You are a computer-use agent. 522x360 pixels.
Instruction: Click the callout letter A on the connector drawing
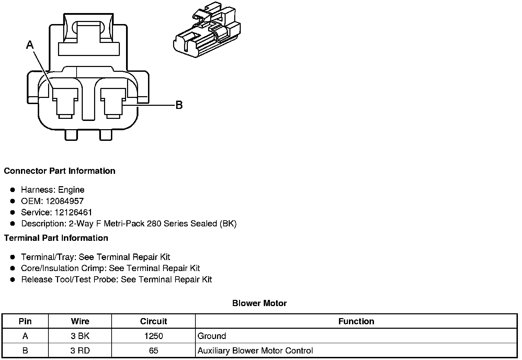[x=30, y=45]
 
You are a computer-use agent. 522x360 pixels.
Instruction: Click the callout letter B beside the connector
[x=179, y=105]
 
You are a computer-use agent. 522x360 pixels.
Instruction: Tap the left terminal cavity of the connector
[x=65, y=103]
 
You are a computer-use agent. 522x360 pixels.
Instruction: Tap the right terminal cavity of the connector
[x=113, y=103]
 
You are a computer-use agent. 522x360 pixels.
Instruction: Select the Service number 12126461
[x=73, y=212]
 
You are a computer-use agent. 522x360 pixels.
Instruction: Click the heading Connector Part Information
[x=59, y=171]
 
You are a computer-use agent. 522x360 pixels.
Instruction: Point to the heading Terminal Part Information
[x=56, y=238]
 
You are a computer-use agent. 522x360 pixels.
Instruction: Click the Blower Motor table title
[x=259, y=303]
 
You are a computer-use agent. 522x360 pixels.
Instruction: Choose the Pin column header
[x=25, y=322]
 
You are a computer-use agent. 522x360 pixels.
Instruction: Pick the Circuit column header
[x=154, y=322]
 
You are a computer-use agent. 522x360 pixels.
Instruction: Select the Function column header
[x=356, y=322]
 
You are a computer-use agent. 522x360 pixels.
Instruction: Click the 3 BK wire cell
[x=80, y=336]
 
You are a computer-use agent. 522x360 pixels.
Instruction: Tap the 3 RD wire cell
[x=80, y=351]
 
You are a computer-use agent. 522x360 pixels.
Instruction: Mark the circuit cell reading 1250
[x=154, y=336]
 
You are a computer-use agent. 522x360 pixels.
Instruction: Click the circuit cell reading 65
[x=154, y=351]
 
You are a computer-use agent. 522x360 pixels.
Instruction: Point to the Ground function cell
[x=212, y=336]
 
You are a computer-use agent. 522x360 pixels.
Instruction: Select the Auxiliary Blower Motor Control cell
[x=255, y=351]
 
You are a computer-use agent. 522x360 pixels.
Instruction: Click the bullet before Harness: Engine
[x=13, y=190]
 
